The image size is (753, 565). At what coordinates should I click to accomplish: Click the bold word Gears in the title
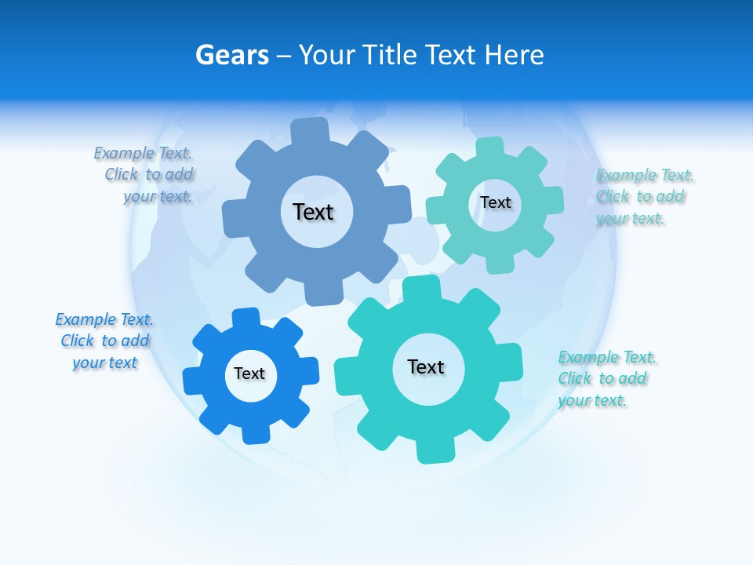point(232,56)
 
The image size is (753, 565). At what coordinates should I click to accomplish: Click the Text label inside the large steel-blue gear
point(313,212)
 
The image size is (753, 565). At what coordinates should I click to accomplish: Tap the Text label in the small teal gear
point(495,202)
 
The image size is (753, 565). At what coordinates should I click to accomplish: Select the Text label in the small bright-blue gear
point(249,374)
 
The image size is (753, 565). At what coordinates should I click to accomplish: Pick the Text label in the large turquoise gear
point(426,366)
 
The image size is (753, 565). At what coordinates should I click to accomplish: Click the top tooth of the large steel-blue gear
point(311,130)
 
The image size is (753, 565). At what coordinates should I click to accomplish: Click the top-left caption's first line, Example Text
point(143,153)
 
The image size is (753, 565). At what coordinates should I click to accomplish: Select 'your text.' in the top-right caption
point(630,219)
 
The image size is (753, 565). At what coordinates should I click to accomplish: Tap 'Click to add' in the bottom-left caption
point(105,341)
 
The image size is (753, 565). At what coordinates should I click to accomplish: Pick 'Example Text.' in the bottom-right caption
point(607,358)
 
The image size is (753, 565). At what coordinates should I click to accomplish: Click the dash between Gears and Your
point(285,56)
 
